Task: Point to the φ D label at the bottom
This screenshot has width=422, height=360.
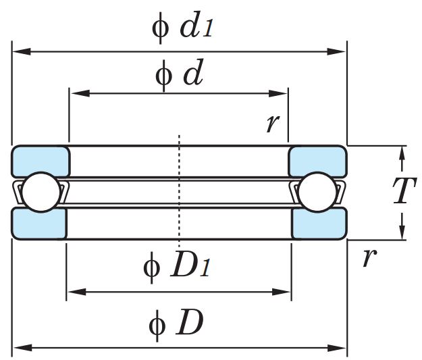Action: (176, 324)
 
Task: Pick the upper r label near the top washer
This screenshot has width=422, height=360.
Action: (273, 123)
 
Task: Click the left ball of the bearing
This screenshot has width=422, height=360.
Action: (39, 192)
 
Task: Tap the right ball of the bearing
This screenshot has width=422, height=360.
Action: (317, 192)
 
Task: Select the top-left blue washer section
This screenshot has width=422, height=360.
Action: (41, 161)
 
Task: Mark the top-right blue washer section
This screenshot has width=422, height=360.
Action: (317, 161)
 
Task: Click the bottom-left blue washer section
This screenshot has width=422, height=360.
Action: (39, 223)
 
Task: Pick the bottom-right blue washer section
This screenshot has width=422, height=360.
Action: (319, 223)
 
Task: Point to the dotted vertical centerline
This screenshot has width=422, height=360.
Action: (179, 189)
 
